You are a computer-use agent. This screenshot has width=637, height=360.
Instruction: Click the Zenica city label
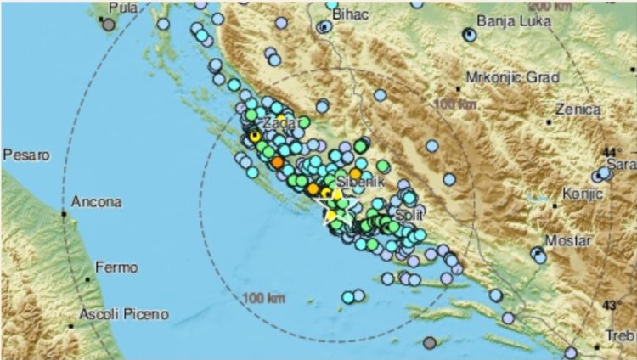578,110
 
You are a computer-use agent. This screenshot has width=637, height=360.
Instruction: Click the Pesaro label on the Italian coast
23,155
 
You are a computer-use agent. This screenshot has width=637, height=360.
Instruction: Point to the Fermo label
116,267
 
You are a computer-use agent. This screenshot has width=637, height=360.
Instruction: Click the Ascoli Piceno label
122,315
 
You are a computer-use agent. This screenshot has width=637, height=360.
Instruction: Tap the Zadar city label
283,124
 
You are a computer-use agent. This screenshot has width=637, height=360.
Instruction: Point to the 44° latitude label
611,152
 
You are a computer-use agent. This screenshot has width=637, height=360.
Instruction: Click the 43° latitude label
611,305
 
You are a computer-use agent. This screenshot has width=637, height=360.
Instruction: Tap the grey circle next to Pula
109,24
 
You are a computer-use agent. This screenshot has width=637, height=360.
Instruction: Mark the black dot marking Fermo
87,278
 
